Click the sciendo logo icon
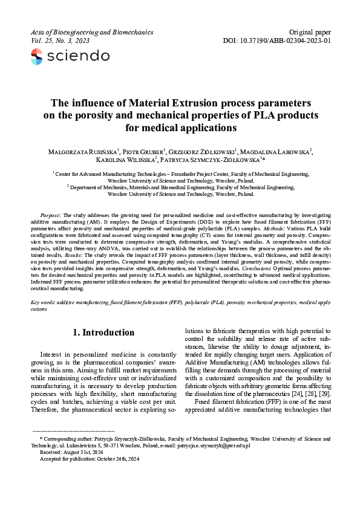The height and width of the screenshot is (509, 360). tap(37, 57)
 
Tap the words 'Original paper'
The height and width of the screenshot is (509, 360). tap(311, 31)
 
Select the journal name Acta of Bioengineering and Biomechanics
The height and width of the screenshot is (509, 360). tap(91, 31)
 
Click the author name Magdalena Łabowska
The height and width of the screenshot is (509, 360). tap(285, 151)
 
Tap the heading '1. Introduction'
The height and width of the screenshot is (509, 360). tap(103, 332)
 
